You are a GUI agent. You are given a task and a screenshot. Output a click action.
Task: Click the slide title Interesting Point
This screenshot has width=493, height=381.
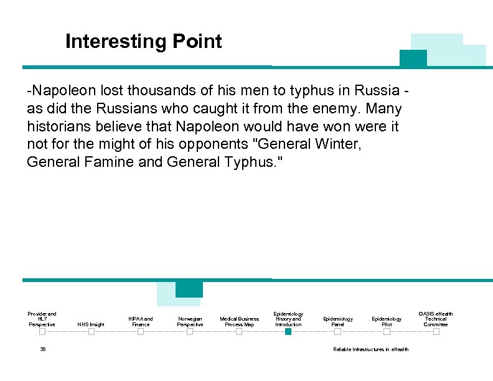click(x=143, y=42)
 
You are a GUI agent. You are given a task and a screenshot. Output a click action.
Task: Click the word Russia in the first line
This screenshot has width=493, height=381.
click(x=377, y=91)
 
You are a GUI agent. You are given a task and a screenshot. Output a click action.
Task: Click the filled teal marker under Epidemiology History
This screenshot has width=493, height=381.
click(x=288, y=332)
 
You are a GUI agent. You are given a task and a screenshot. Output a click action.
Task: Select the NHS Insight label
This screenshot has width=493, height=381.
click(x=91, y=324)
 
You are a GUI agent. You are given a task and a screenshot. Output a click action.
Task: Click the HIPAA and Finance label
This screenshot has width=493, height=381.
click(x=141, y=321)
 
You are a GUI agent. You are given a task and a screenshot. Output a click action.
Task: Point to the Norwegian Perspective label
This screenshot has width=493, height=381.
click(x=190, y=321)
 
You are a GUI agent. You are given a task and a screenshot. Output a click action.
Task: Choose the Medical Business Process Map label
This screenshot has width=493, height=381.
click(x=239, y=321)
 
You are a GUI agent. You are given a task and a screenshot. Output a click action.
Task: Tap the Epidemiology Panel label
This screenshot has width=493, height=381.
click(x=337, y=321)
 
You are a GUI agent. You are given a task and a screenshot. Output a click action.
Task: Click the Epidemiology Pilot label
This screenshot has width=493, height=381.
click(x=387, y=321)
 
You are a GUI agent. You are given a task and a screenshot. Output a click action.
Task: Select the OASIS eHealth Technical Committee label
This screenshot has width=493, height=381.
click(x=436, y=319)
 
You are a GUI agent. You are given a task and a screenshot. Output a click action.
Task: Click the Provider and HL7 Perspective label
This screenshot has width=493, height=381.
click(x=42, y=319)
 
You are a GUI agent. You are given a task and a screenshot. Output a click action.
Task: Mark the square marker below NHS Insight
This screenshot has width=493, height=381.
click(x=91, y=332)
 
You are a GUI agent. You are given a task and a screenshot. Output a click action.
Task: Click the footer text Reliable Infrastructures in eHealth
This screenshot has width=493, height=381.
click(x=371, y=349)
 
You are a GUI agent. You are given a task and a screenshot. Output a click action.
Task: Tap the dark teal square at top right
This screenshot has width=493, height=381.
click(x=413, y=59)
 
